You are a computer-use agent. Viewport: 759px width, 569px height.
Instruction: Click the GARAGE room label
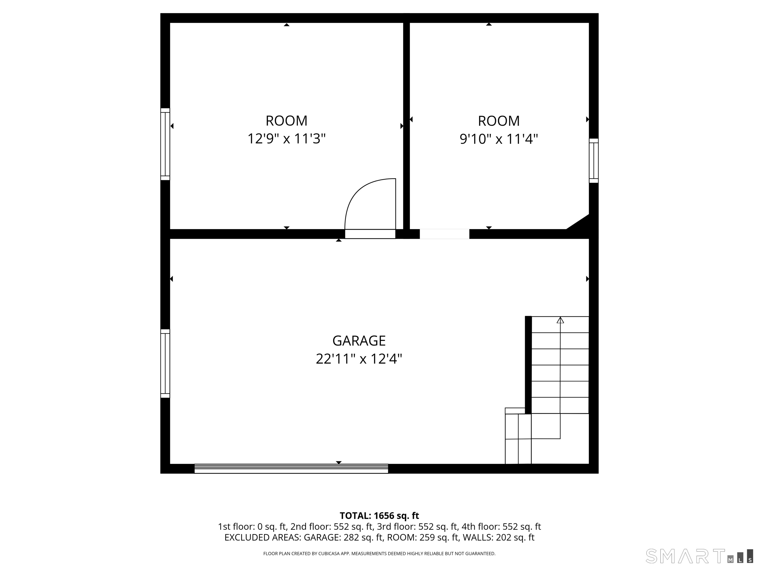click(x=359, y=341)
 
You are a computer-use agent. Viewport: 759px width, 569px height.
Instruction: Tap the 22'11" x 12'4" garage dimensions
click(x=359, y=359)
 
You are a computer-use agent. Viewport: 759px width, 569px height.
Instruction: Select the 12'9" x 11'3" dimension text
click(x=287, y=139)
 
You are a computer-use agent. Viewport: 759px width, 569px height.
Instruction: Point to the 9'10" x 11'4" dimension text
click(x=499, y=139)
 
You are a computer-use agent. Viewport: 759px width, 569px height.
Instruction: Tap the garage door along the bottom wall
click(x=291, y=468)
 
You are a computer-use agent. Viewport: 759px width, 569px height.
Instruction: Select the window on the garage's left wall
click(x=165, y=364)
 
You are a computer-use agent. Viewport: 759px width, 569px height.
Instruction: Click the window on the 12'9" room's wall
click(x=165, y=144)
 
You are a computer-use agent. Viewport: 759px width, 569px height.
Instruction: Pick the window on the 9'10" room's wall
click(x=594, y=161)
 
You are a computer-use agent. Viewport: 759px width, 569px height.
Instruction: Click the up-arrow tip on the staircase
click(x=560, y=317)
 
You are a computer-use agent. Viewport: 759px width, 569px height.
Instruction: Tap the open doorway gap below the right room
click(x=444, y=234)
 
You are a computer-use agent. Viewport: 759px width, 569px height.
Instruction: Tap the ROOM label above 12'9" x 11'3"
click(x=287, y=121)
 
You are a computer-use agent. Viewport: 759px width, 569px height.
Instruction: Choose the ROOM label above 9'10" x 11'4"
click(x=499, y=121)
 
